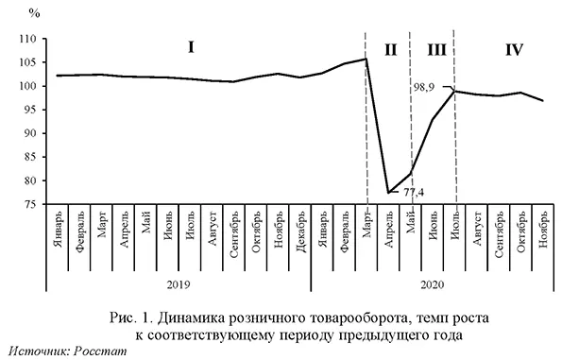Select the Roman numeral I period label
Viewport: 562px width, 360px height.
[x=191, y=46]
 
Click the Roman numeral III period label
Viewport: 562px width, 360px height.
[x=435, y=49]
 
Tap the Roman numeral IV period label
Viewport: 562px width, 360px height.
[x=514, y=49]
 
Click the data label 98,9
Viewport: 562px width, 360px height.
[x=424, y=86]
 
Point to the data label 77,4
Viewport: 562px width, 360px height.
[x=416, y=193]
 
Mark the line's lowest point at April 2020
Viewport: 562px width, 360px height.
[x=388, y=193]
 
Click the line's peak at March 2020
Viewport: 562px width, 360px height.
[x=366, y=60]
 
